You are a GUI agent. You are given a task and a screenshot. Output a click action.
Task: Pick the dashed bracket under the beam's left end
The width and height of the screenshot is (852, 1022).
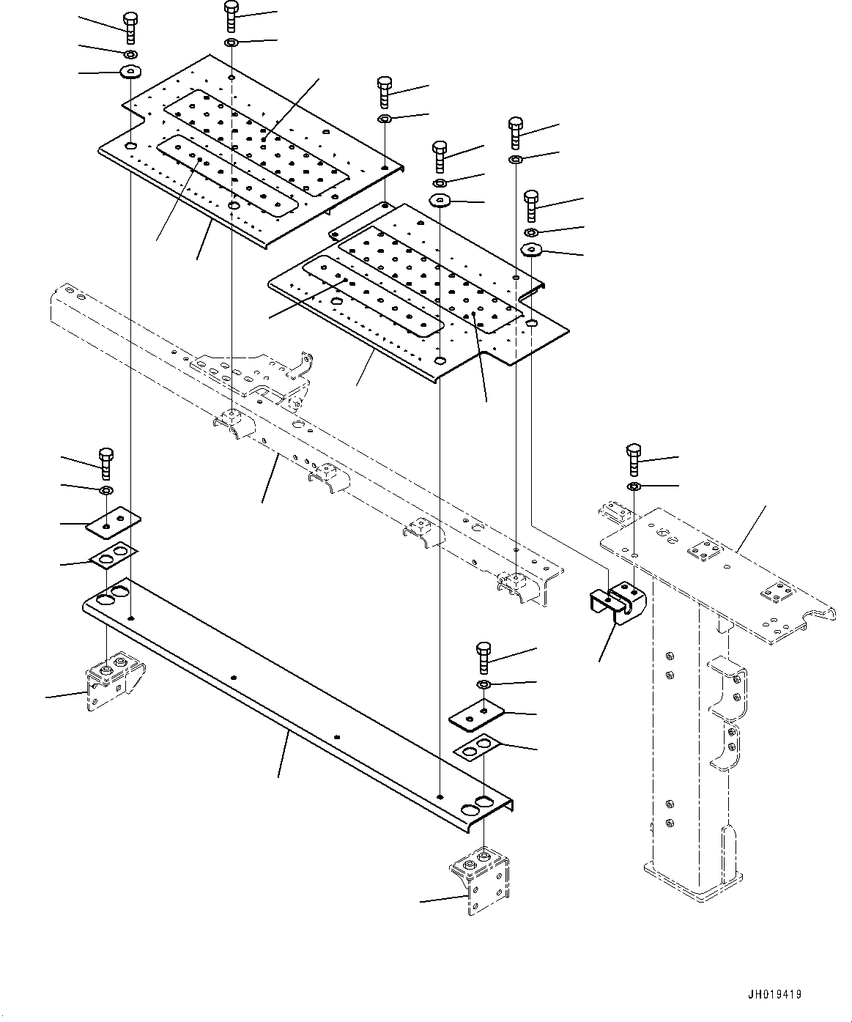click(116, 681)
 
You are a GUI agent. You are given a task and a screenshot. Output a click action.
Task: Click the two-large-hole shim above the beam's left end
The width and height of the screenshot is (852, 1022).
click(113, 556)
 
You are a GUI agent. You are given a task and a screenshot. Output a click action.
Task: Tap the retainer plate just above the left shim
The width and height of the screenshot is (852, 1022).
click(113, 522)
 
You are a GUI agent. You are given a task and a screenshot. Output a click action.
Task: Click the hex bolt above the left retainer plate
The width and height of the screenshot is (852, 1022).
click(106, 463)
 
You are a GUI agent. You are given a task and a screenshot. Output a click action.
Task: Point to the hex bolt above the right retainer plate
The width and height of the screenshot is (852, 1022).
click(484, 658)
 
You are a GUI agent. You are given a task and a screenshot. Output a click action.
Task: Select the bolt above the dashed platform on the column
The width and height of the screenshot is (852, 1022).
click(634, 459)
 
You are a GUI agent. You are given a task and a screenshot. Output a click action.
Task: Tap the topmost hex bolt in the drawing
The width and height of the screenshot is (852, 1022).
click(231, 16)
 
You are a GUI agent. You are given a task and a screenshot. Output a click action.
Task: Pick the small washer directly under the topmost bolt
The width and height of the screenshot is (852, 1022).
click(231, 43)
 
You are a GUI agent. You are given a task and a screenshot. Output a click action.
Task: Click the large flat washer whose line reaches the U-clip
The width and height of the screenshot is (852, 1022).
click(531, 250)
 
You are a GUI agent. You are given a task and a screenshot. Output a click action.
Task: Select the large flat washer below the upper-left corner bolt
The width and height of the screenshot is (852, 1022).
click(130, 72)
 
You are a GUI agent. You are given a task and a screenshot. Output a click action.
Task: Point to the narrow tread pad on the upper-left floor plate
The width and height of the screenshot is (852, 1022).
click(227, 176)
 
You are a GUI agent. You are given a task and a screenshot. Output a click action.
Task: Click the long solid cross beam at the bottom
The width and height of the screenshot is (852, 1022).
click(297, 706)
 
